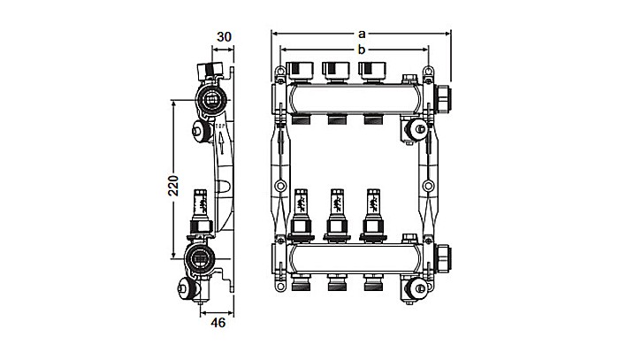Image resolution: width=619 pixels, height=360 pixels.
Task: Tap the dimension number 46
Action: point(218,323)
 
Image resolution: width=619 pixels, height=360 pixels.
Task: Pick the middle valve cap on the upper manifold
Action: point(335,69)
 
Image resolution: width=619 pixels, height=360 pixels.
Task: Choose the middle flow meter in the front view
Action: point(335,210)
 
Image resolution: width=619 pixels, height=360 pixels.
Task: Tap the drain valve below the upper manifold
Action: point(410,130)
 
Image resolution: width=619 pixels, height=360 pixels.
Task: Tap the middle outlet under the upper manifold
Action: point(335,118)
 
